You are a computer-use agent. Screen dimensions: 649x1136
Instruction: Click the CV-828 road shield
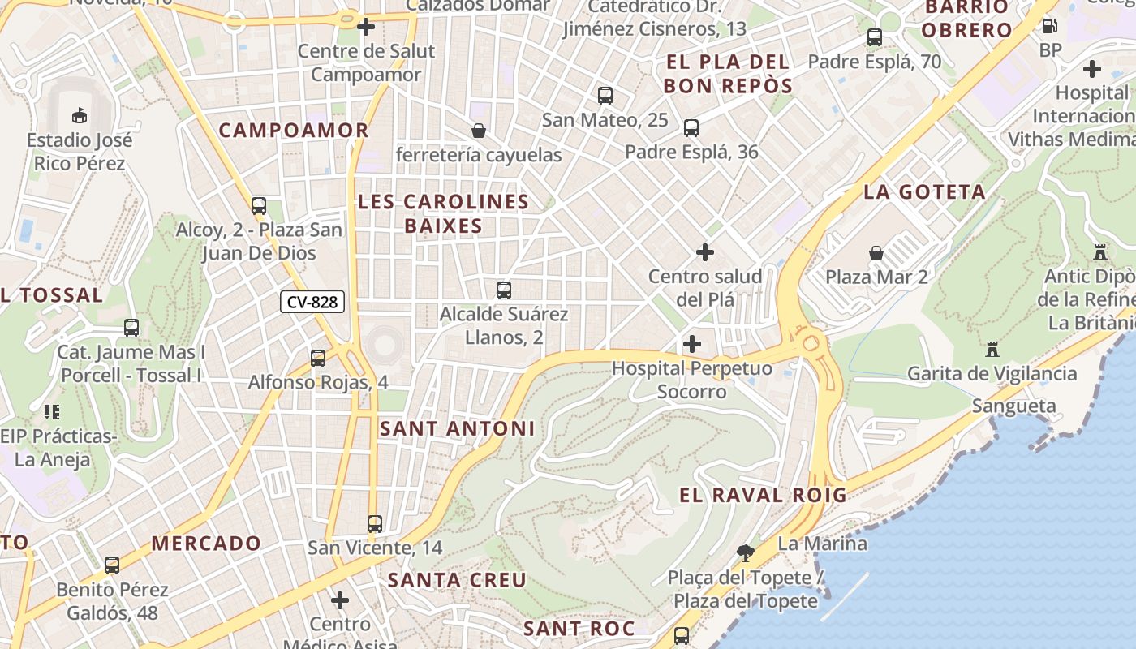312,303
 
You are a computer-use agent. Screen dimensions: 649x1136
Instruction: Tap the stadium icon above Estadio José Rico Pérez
80,115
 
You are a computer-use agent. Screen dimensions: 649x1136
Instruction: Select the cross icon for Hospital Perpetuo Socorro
691,344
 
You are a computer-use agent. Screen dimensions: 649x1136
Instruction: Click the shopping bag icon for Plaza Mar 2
876,253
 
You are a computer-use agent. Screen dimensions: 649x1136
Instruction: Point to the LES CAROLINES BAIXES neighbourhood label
443,213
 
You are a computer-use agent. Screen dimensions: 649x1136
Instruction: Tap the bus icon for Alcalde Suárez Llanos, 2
503,290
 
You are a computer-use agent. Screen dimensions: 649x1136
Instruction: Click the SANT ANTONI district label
457,428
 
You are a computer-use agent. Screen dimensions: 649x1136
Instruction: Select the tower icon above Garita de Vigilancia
992,350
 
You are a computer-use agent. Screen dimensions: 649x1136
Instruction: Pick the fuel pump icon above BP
1049,26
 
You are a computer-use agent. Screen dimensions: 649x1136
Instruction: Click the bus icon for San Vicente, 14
374,524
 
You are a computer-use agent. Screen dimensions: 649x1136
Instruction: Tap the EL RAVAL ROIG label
762,495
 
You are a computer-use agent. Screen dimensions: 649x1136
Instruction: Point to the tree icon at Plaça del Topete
745,553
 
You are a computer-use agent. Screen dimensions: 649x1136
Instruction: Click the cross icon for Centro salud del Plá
705,252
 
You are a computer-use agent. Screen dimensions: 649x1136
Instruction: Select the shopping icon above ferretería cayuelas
479,130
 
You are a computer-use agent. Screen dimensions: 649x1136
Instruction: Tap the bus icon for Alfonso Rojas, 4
318,358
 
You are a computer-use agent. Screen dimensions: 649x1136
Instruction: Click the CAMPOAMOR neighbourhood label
294,130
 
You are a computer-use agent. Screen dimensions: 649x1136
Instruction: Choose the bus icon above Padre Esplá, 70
874,37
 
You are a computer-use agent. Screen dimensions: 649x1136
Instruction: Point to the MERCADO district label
206,544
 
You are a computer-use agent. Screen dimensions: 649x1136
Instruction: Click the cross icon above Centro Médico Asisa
340,600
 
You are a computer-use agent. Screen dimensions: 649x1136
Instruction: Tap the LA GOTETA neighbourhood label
924,192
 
